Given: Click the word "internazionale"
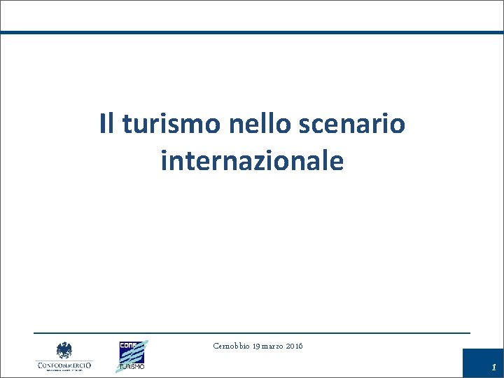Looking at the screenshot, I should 252,161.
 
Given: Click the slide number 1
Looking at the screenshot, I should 493,367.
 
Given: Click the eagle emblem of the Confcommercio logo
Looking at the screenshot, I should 64,350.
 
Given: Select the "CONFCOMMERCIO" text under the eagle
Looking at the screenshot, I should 64,365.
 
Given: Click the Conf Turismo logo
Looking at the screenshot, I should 132,355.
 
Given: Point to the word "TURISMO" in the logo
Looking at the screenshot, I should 131,366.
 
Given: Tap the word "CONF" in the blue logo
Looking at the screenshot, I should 127,344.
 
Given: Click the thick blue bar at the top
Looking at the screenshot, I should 252,32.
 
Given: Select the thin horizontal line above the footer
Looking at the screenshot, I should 252,332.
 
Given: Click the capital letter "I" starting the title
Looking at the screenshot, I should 102,124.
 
